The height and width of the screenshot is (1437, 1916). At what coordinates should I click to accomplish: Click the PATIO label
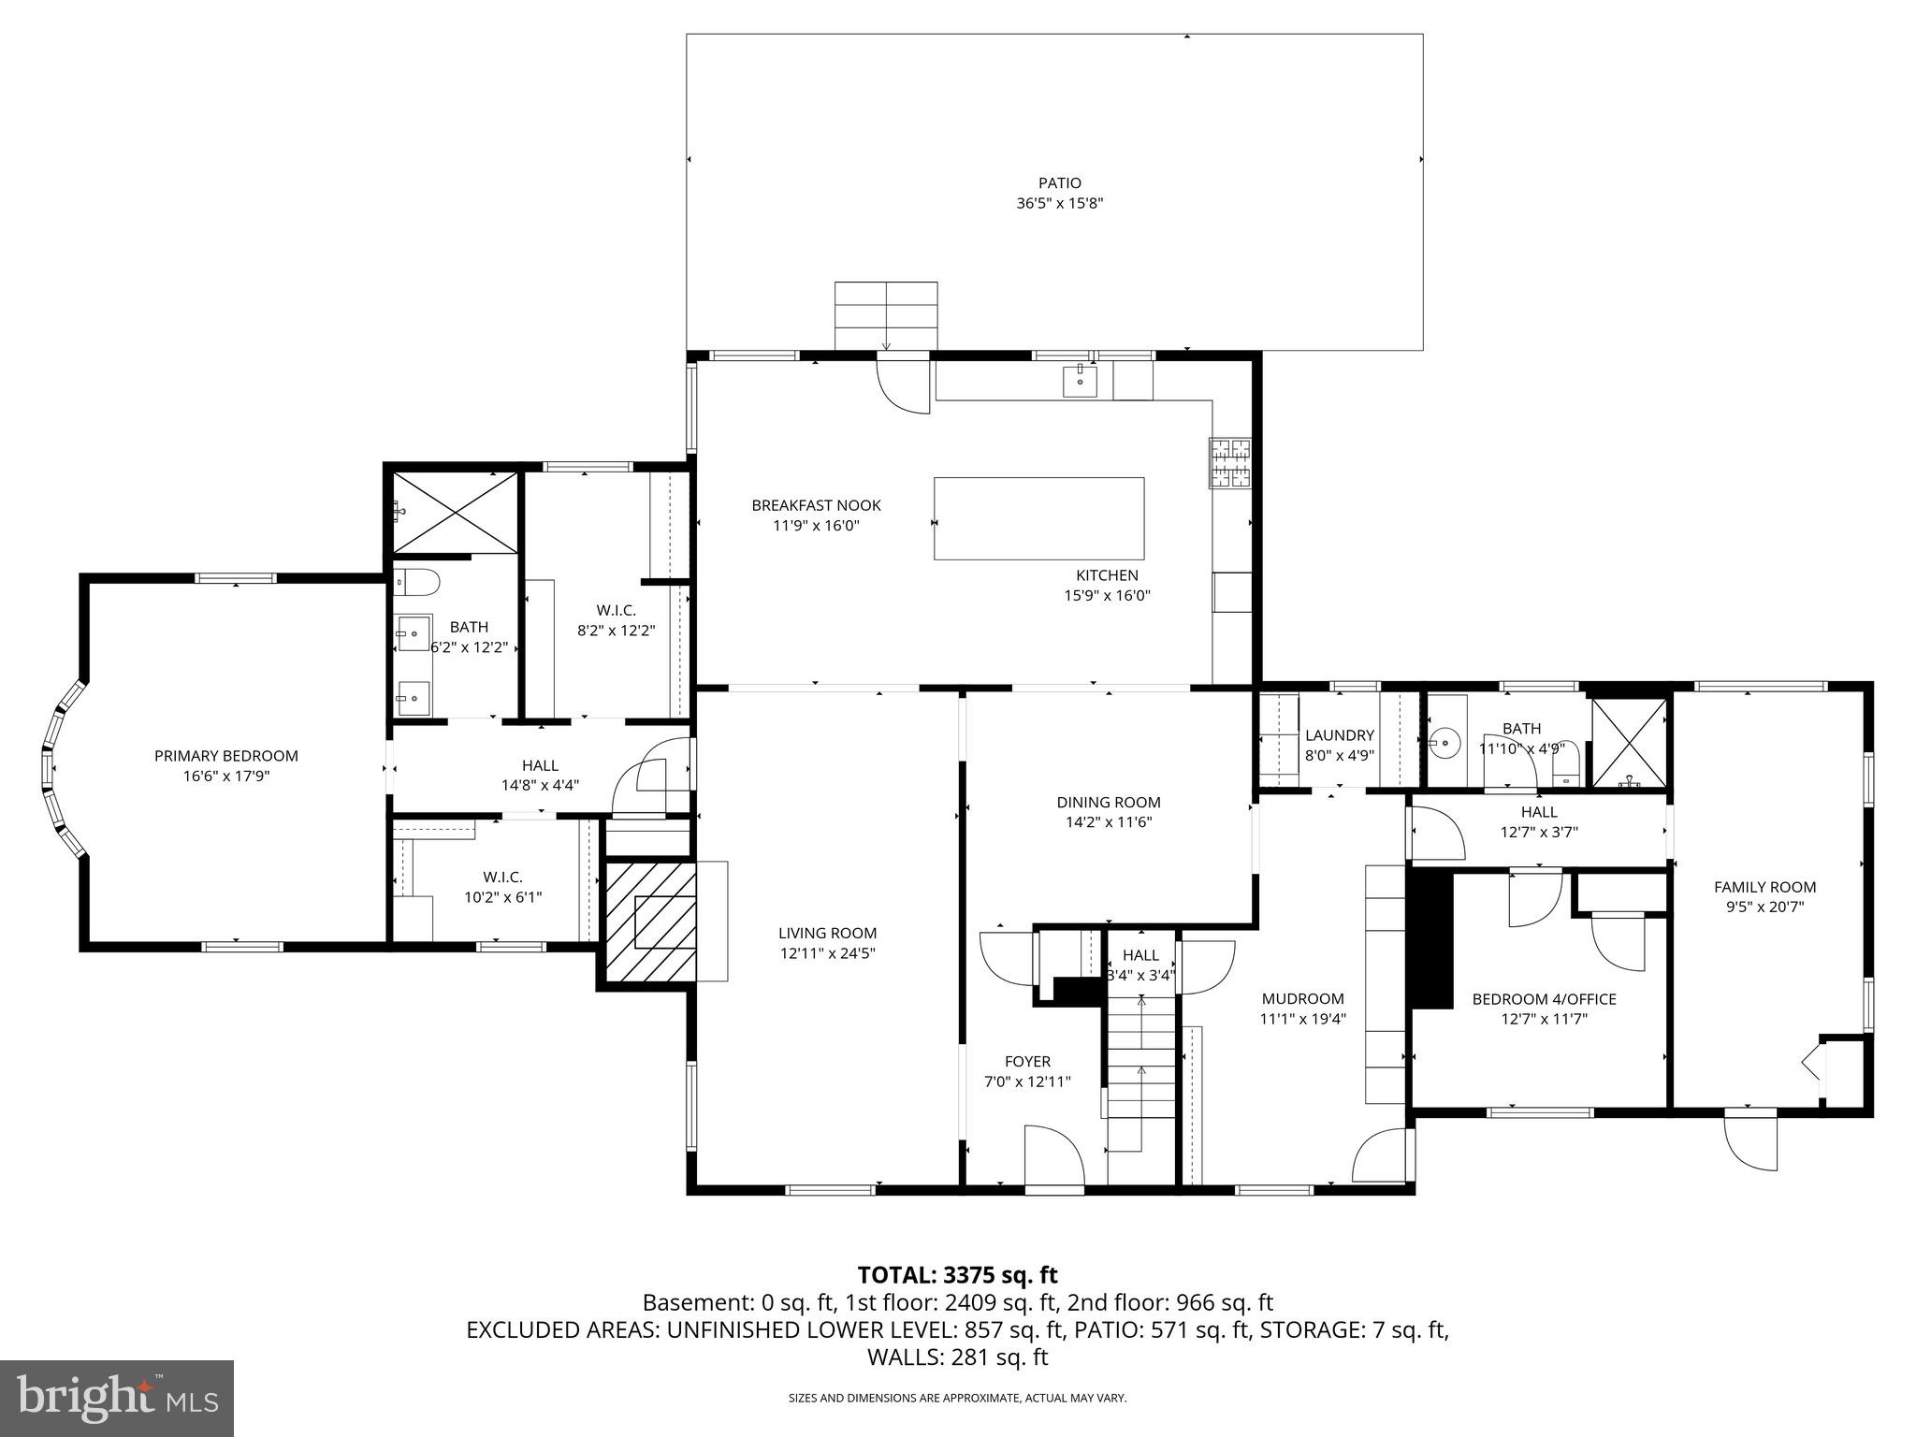(1059, 183)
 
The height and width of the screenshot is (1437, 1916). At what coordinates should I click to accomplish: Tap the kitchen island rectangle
(1038, 518)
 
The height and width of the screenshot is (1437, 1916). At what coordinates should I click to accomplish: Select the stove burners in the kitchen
(1231, 463)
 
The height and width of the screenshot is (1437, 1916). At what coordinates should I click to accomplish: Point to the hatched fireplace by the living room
(651, 922)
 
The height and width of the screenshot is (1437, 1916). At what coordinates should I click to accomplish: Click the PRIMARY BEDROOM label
(225, 756)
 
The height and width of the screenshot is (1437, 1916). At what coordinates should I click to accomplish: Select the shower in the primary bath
(455, 513)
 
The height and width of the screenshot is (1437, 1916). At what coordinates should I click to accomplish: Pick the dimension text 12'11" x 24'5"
(827, 953)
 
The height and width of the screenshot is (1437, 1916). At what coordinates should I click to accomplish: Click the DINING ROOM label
(1109, 802)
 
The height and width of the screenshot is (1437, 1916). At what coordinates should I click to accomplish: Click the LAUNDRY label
(1339, 735)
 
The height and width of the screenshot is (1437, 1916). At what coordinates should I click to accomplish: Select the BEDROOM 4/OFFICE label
(1544, 999)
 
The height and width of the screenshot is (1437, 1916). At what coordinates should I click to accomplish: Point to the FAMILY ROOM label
(1764, 887)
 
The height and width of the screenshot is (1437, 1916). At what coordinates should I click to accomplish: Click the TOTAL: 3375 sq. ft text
(957, 1274)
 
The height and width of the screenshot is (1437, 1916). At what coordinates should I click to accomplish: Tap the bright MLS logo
(117, 1398)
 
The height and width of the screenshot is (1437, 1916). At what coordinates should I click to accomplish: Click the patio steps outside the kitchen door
(885, 316)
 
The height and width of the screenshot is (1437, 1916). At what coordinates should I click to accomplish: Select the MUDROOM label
(1302, 998)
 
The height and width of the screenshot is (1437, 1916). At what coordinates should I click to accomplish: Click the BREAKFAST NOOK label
(816, 505)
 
